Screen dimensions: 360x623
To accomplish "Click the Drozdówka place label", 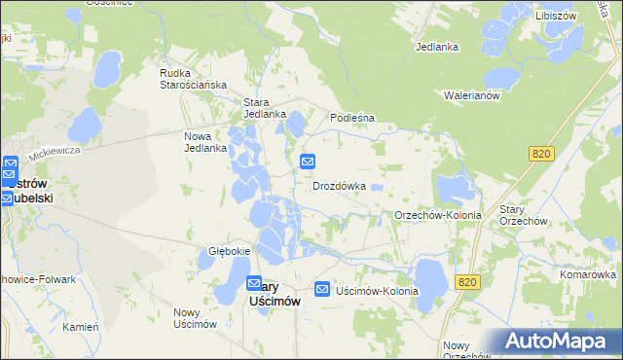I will (339, 185).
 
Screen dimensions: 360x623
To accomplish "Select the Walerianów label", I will (471, 95).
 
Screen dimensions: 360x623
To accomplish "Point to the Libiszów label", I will (556, 16).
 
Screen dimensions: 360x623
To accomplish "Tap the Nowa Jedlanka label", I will (205, 142).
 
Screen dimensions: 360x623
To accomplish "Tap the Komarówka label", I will (587, 274).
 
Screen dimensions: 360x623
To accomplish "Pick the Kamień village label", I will (81, 327).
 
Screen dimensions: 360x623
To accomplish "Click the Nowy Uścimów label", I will (194, 318).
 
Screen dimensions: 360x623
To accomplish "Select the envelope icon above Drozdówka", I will (308, 161).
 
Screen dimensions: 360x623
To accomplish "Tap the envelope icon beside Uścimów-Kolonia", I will (322, 289).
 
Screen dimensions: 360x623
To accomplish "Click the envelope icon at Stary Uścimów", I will (254, 284).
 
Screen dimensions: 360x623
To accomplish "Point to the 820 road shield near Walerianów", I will (543, 154).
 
